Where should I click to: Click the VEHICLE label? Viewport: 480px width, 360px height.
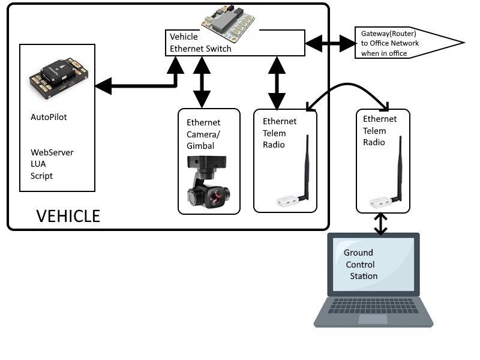[68, 215]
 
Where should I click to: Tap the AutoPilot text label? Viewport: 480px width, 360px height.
[49, 117]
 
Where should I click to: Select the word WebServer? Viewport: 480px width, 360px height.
[52, 152]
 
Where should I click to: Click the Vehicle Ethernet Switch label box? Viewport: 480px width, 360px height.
[234, 44]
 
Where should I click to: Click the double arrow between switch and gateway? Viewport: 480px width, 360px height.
[330, 43]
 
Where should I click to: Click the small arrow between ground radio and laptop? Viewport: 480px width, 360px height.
[381, 223]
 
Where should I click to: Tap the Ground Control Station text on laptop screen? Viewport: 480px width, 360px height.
[361, 264]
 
